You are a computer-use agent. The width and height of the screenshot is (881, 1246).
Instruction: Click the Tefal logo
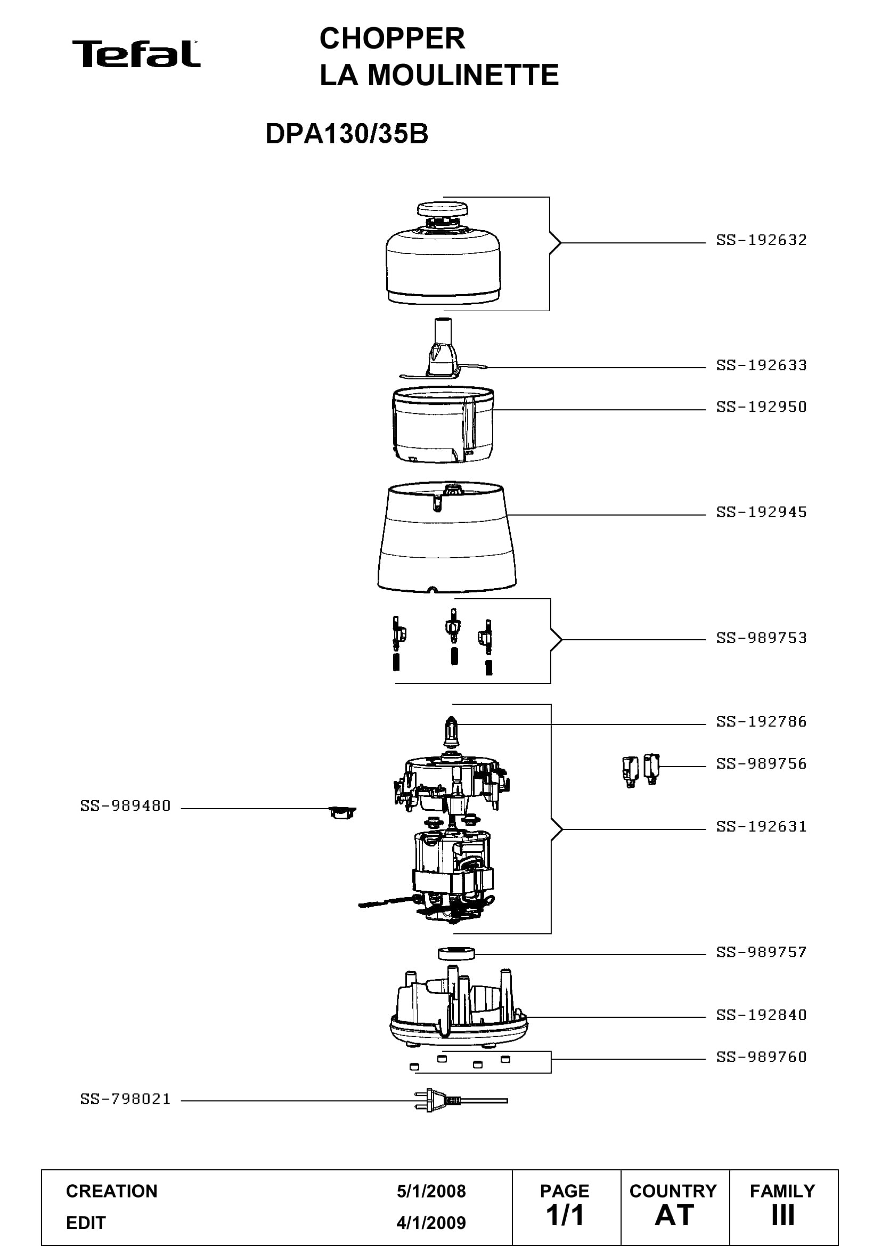[136, 54]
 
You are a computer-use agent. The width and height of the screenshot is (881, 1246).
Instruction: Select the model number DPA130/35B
[347, 134]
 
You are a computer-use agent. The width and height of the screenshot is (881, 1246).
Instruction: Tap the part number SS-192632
[761, 240]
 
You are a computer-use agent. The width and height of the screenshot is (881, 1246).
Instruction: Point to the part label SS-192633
[761, 365]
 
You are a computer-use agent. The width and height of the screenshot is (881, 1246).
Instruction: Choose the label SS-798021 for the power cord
[125, 1099]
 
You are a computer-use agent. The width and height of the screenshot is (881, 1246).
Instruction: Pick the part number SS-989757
[761, 951]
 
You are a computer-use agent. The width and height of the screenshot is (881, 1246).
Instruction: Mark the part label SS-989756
[761, 763]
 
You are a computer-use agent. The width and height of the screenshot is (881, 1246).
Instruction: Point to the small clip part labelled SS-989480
[342, 812]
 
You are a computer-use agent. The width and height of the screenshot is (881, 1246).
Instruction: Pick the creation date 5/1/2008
[431, 1191]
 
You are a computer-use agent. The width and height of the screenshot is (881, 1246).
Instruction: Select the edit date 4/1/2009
[431, 1223]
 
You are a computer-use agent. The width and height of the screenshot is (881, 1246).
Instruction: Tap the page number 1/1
[565, 1215]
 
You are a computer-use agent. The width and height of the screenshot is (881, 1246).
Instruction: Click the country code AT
[674, 1215]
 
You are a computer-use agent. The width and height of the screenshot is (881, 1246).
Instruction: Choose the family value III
[783, 1215]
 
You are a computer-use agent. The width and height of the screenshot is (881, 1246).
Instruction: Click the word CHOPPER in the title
[392, 38]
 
